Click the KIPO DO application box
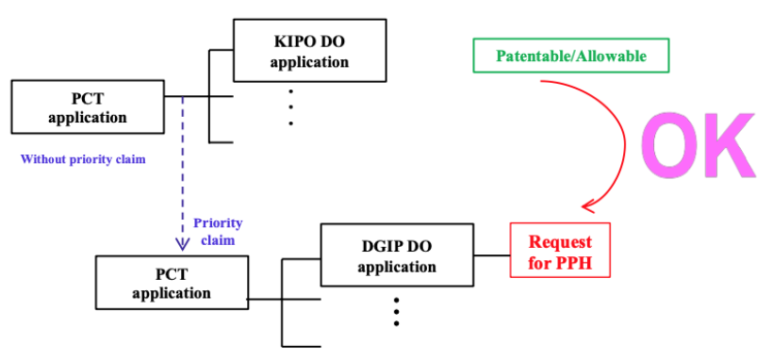(x=309, y=50)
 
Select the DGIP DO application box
(x=398, y=255)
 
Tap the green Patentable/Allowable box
(x=571, y=56)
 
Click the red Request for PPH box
(x=560, y=250)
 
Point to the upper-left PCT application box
(x=88, y=107)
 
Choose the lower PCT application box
(x=172, y=282)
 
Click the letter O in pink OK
(x=672, y=145)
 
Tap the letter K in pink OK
(x=732, y=145)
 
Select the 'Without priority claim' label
(x=83, y=160)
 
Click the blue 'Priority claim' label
(x=218, y=231)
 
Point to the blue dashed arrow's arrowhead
(x=183, y=245)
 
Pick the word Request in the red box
(x=560, y=241)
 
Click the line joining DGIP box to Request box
(x=492, y=255)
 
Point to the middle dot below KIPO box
(x=291, y=107)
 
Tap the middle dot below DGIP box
(x=396, y=311)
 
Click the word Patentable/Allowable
(x=571, y=56)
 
